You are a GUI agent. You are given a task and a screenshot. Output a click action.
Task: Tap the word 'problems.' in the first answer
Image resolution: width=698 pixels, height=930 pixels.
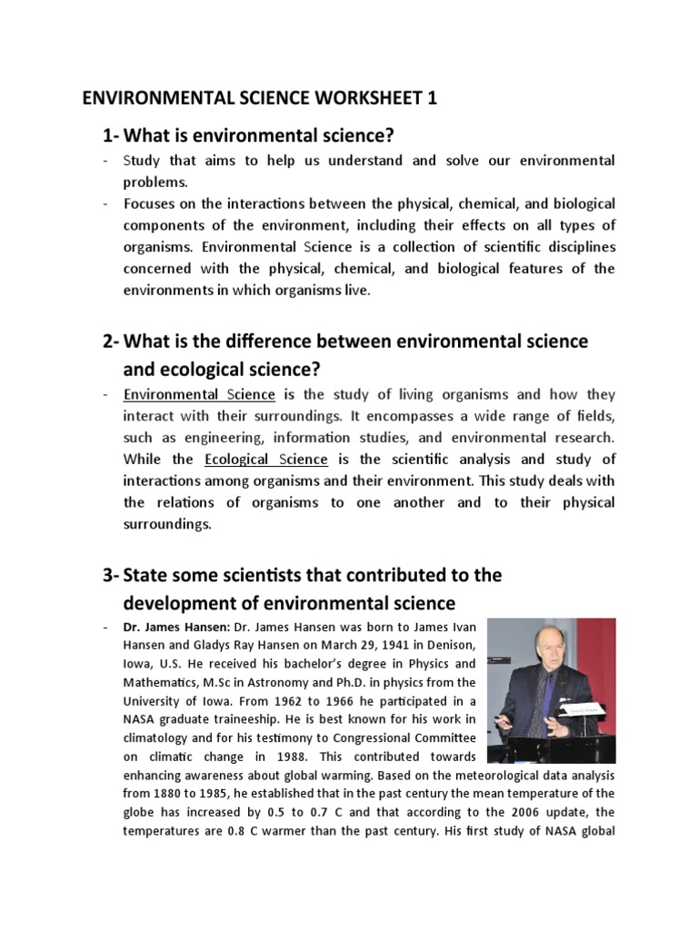tap(152, 181)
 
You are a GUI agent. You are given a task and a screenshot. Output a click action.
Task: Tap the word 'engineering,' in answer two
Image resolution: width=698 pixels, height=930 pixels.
tap(205, 438)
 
